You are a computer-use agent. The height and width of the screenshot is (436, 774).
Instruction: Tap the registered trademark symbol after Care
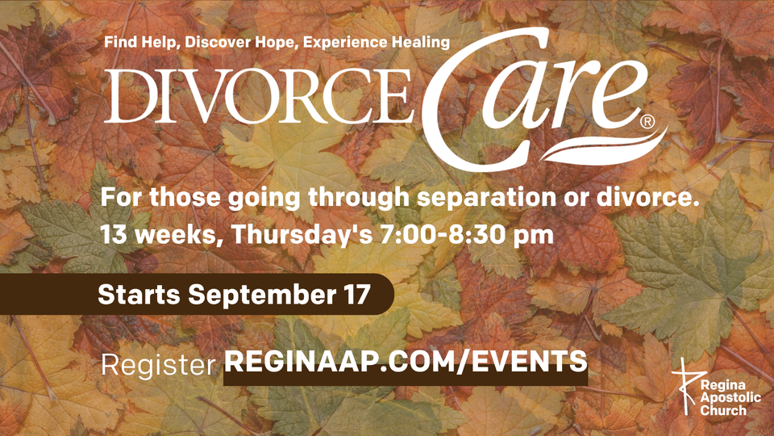tap(647, 122)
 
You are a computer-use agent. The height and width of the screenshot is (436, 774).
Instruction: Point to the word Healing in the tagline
tap(421, 42)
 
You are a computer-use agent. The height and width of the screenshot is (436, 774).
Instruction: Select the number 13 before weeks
tap(113, 235)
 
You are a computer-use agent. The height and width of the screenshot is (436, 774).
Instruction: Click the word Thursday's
tap(302, 234)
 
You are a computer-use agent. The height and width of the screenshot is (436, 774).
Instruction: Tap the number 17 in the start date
tap(356, 294)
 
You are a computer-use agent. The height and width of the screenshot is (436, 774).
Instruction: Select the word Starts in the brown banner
tap(139, 294)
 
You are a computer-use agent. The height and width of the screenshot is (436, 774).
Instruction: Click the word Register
tap(159, 365)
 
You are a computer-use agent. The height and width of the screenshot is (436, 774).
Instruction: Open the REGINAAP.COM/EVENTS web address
tap(406, 362)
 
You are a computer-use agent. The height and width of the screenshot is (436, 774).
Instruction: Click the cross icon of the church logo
tap(686, 386)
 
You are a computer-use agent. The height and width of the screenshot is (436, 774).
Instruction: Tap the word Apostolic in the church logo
tap(731, 397)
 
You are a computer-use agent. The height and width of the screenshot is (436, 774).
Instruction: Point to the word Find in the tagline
tap(121, 41)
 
